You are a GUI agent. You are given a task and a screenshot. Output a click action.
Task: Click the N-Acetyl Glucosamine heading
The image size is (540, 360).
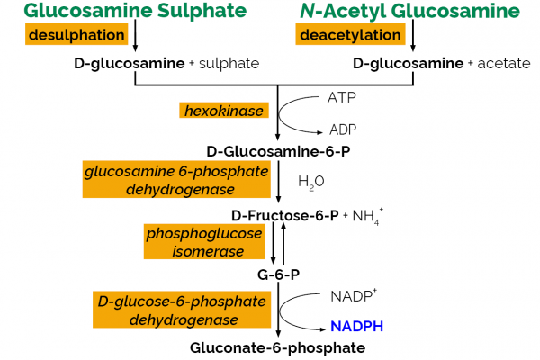tap(409, 12)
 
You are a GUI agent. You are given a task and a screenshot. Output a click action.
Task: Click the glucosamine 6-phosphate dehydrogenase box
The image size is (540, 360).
tap(176, 180)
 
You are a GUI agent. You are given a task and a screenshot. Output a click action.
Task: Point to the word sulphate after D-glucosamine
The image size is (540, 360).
tap(229, 64)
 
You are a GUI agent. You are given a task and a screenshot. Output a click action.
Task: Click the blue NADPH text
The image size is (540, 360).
tap(355, 327)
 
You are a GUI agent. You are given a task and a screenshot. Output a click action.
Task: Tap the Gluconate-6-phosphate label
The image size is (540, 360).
tap(278, 347)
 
